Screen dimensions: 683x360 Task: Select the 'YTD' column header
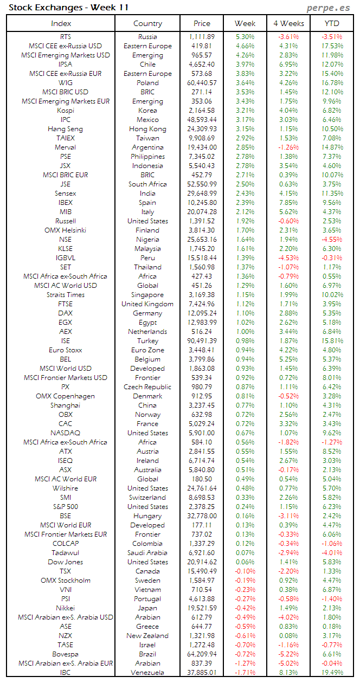coord(332,23)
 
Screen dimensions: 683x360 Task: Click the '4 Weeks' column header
coord(288,23)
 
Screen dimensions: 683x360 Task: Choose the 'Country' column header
coord(147,23)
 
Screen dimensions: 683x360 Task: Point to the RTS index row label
coord(66,37)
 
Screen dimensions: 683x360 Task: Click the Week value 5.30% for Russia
coord(246,37)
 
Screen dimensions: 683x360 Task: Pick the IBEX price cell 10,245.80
coord(202,203)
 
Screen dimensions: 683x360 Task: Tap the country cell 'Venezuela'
coord(147,673)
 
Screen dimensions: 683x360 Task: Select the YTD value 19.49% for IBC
coord(332,673)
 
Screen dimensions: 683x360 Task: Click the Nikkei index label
coord(66,608)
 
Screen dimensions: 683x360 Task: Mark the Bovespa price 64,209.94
coord(202,654)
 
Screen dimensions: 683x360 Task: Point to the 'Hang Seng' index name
coord(66,129)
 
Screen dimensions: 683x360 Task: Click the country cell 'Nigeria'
coord(147,240)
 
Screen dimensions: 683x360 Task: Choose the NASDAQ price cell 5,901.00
coord(202,433)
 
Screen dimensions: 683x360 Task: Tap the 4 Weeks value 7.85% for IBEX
coord(288,203)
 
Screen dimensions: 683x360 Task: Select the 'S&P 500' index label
coord(66,507)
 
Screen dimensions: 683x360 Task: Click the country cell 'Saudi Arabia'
coord(147,553)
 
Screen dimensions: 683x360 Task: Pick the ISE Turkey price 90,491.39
coord(202,341)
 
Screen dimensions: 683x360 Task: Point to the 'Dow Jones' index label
coord(66,562)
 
